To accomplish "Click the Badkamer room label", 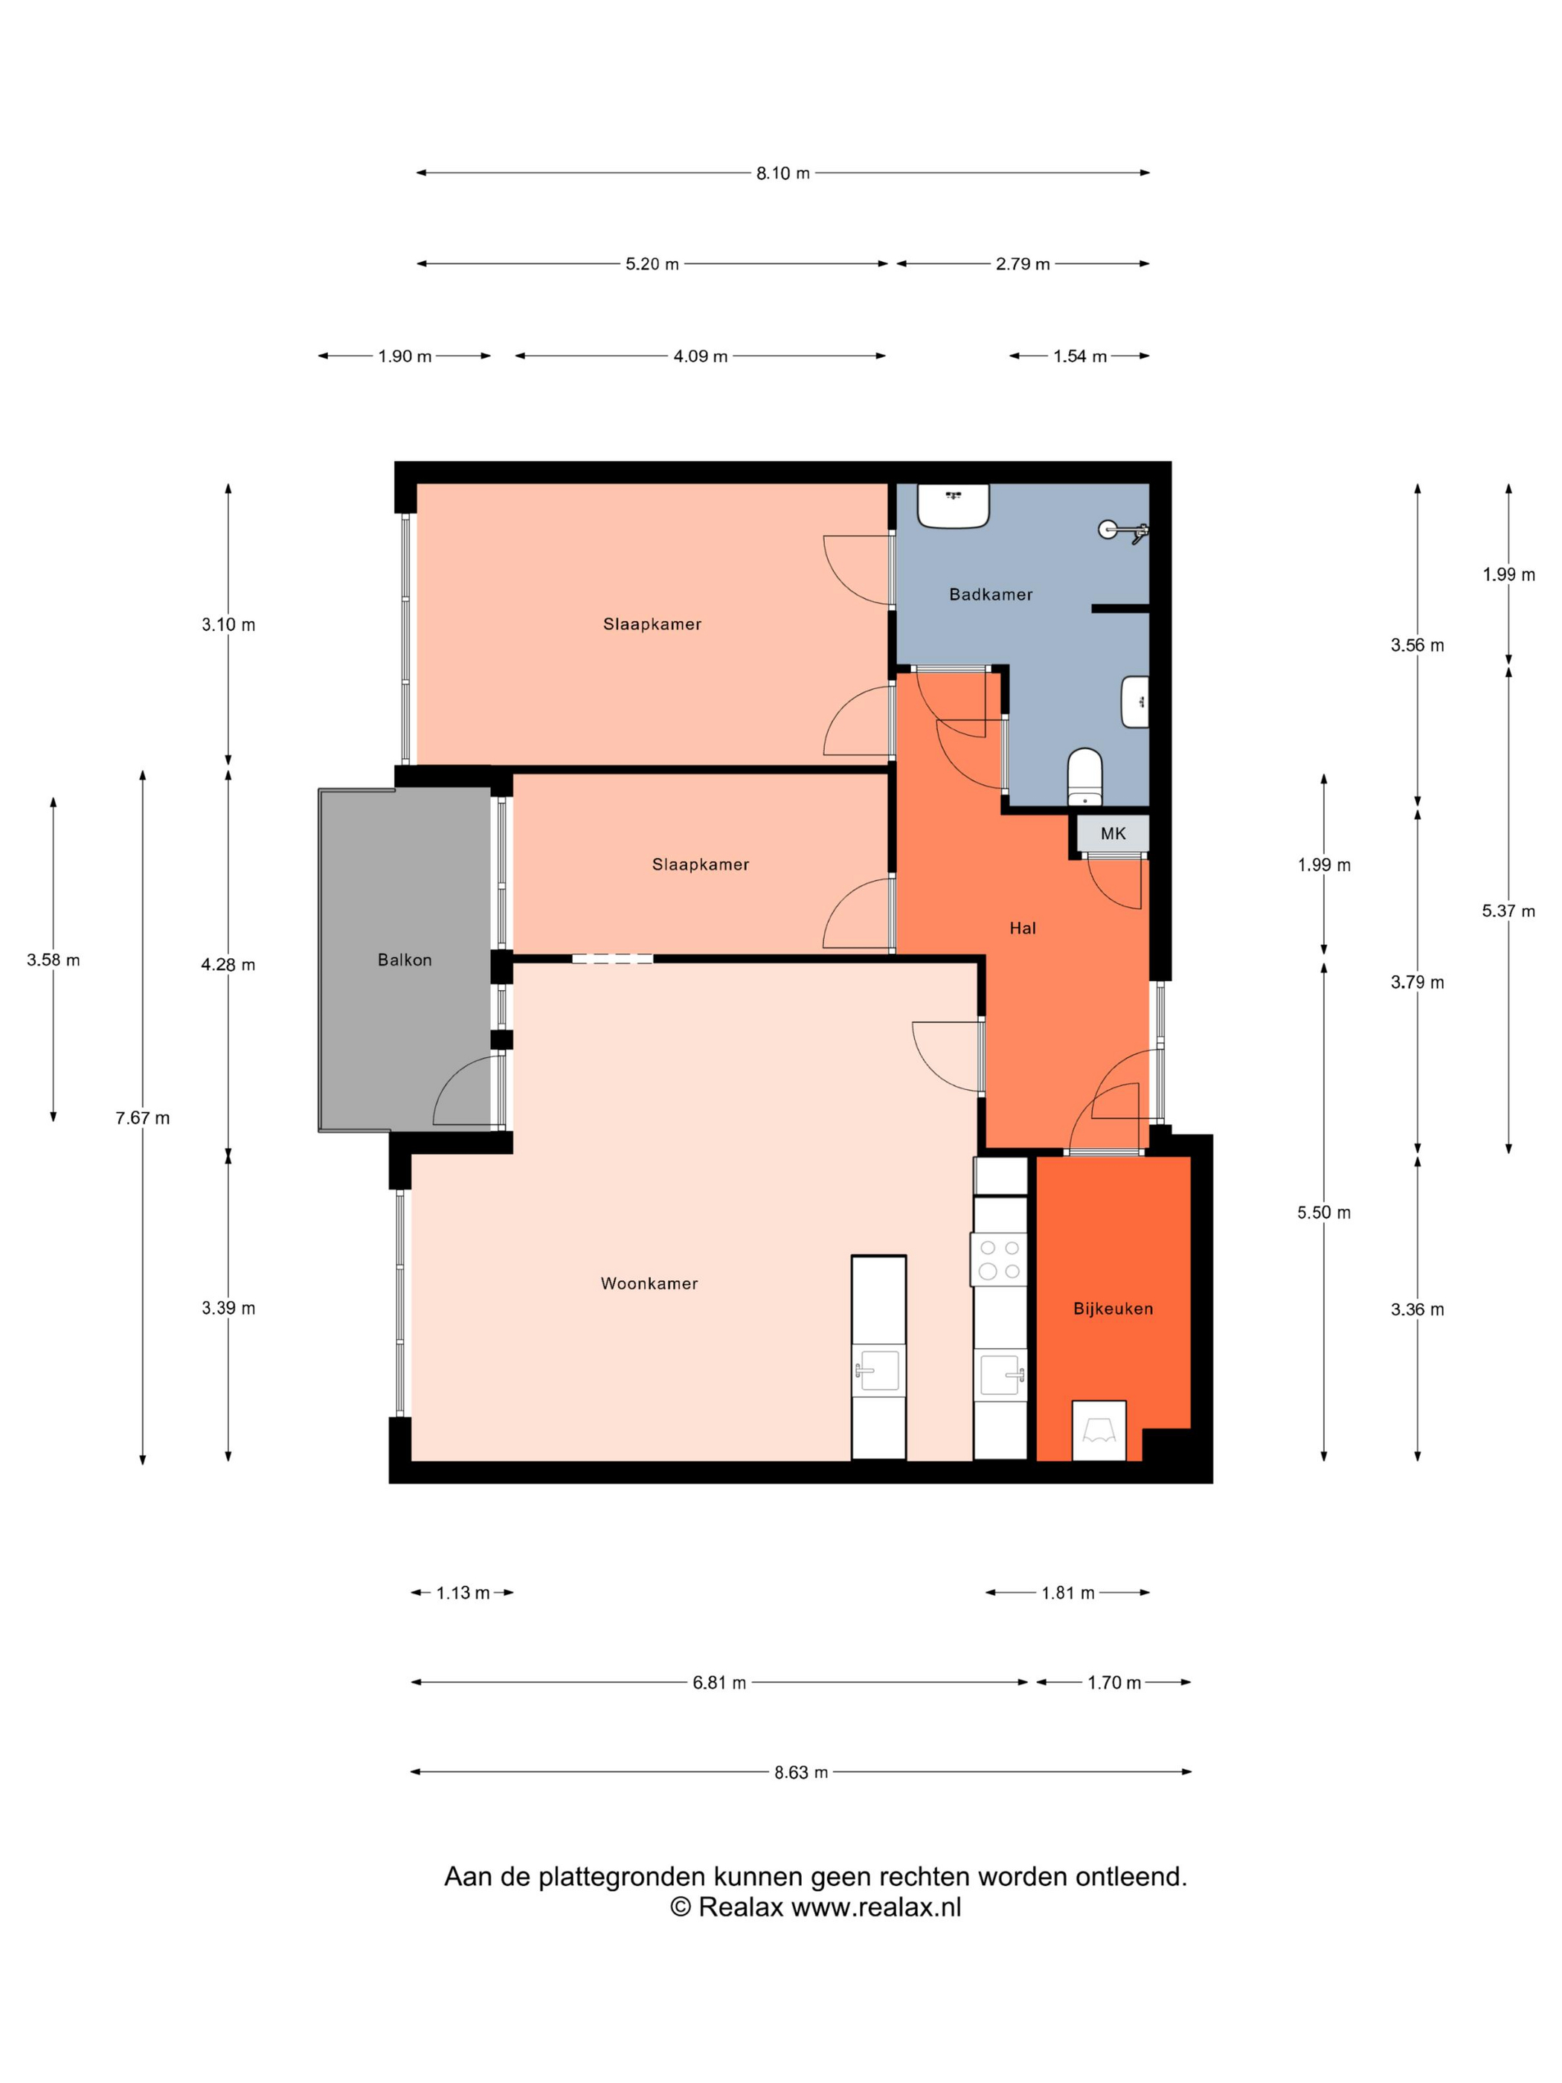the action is click(991, 594).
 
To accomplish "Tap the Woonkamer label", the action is click(649, 1283).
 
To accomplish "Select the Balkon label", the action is click(405, 960).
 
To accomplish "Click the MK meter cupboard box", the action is click(1113, 833).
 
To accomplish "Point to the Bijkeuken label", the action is click(1113, 1308).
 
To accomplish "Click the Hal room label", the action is click(1023, 928).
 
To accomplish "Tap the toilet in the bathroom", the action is click(1085, 777).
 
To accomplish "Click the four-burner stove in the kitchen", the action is click(999, 1259).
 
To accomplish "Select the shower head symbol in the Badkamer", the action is click(1123, 530).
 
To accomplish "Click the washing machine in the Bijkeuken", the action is click(1099, 1431).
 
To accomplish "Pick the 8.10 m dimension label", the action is click(782, 173).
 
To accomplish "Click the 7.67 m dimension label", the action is click(143, 1118).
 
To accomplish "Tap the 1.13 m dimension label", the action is click(463, 1593).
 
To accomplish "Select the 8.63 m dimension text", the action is click(801, 1772).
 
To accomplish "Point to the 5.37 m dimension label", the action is click(1508, 911).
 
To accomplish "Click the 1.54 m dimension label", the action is click(1080, 356).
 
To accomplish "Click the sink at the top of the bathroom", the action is click(953, 506).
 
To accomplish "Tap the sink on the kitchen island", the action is click(878, 1370).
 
